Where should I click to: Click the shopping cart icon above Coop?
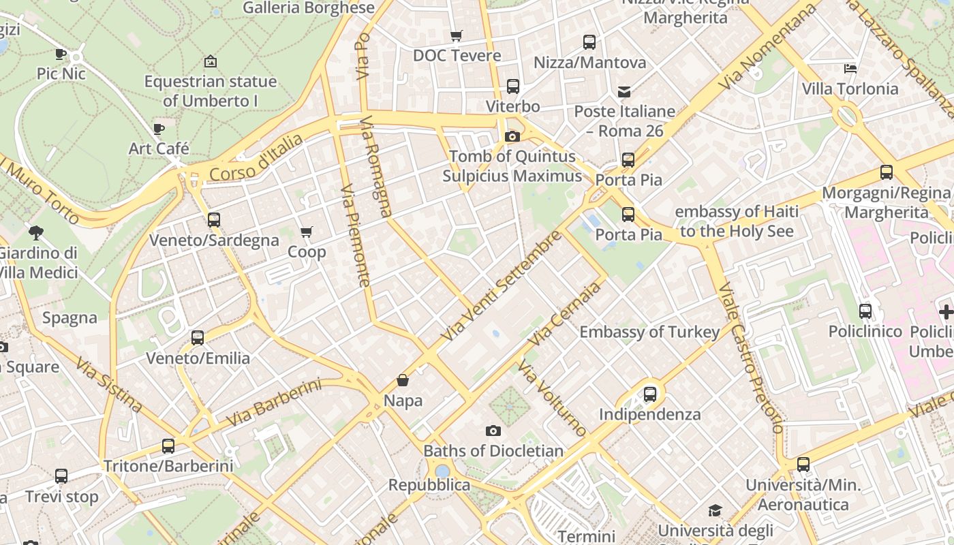pos(307,232)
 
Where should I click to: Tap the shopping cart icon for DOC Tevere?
pos(457,35)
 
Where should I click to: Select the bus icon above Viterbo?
pos(512,87)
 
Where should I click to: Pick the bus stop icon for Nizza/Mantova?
pos(589,42)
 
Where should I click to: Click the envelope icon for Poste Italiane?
pos(624,92)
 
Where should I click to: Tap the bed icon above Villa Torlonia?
pos(850,68)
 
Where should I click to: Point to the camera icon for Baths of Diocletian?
pos(493,431)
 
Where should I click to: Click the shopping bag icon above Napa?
pos(403,380)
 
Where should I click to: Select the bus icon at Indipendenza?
pos(649,394)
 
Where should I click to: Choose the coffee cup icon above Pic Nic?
pos(61,53)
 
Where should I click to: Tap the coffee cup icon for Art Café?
pos(159,128)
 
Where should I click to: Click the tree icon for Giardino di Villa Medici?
pos(36,233)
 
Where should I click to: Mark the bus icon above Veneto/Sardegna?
pos(214,220)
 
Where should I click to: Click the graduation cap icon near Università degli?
pos(715,511)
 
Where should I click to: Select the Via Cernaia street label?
pos(566,313)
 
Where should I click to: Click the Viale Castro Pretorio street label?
pos(750,358)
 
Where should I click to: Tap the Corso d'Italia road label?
pos(256,159)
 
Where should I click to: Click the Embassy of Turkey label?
pos(649,332)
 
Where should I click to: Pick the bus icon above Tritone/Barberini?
pos(168,446)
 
